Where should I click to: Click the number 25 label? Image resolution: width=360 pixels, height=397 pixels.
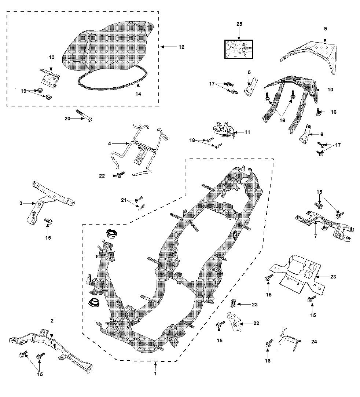(x=239, y=24)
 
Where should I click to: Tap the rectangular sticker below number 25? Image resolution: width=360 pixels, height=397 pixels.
(x=239, y=50)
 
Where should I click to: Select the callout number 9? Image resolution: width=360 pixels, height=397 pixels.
(x=325, y=29)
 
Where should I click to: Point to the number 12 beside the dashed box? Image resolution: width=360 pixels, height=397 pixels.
(x=181, y=47)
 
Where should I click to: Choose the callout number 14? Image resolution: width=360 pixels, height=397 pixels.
(x=138, y=94)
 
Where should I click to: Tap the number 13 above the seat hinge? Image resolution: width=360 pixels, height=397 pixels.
(x=51, y=57)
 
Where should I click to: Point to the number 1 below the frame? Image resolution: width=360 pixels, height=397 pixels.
(x=155, y=374)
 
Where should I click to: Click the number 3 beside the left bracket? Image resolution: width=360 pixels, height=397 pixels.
(x=21, y=203)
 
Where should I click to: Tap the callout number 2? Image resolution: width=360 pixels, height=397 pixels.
(x=52, y=321)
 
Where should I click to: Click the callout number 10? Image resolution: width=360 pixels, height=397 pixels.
(x=330, y=90)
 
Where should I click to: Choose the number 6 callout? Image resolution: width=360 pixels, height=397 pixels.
(x=322, y=135)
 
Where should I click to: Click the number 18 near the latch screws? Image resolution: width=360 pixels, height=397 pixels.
(x=192, y=141)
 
